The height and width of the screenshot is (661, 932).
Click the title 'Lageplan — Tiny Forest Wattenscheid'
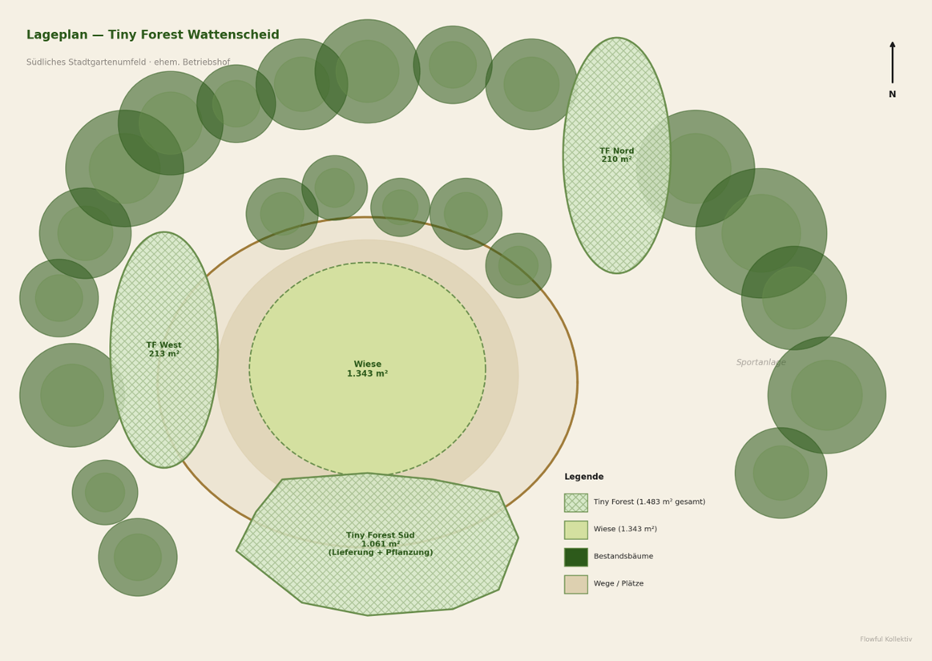[x=152, y=35]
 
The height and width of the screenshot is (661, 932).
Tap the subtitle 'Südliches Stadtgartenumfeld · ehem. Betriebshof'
[x=127, y=62]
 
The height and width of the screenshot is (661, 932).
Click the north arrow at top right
[x=892, y=62]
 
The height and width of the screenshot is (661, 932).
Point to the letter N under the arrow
[x=892, y=95]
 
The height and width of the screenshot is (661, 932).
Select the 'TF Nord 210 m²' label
[x=616, y=155]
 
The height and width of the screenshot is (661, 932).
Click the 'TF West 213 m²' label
[x=163, y=349]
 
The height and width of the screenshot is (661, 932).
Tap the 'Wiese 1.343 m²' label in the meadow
[x=367, y=369]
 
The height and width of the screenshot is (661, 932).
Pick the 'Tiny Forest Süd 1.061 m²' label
[x=381, y=539]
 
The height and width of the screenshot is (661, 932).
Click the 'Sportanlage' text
[x=761, y=362]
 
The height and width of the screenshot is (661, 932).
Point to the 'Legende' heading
[x=583, y=477]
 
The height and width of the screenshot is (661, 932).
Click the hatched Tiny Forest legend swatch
[x=575, y=502]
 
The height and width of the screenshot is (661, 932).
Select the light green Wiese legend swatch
[x=575, y=530]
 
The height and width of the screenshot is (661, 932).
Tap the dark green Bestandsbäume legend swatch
[x=575, y=557]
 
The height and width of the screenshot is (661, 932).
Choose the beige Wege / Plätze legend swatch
[x=575, y=584]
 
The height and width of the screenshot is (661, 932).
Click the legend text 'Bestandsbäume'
[x=623, y=557]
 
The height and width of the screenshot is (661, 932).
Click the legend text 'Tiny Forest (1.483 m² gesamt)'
[x=649, y=502]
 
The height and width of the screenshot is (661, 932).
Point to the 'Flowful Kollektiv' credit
[x=886, y=639]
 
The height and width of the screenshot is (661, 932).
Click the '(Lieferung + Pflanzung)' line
[x=381, y=553]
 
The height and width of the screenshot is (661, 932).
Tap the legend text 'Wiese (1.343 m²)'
[x=625, y=530]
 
